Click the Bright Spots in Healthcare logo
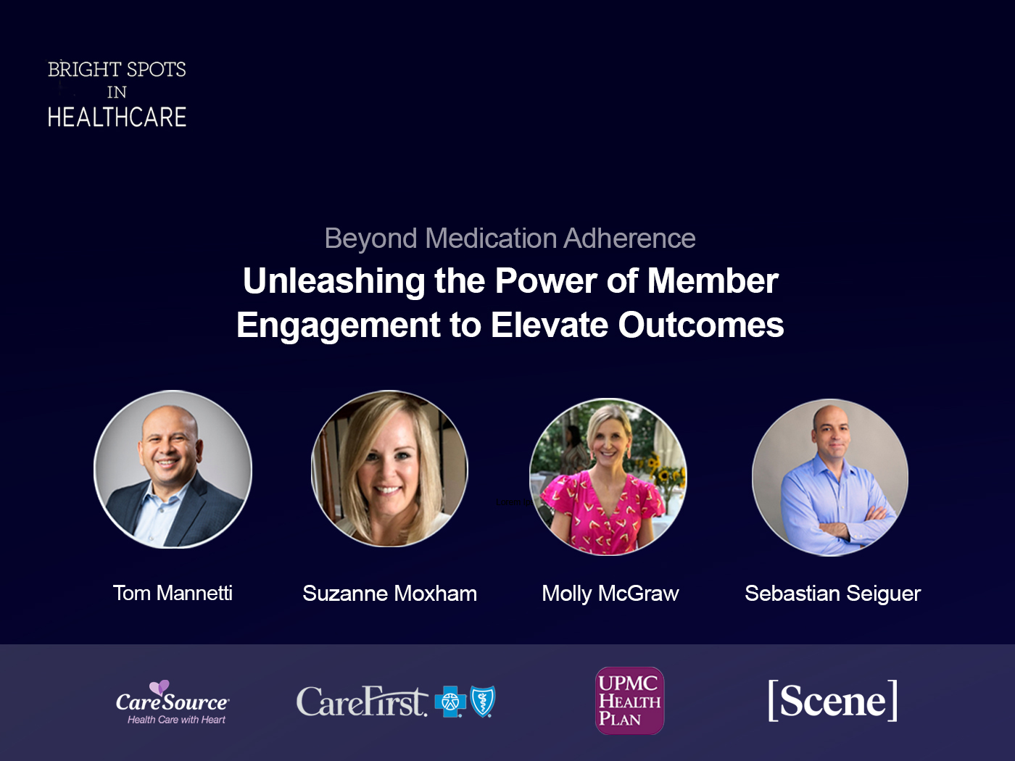click(117, 93)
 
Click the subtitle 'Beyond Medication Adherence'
click(510, 238)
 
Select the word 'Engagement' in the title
click(338, 325)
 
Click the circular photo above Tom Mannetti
click(173, 470)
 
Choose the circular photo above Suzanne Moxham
click(389, 469)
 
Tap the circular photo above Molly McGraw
click(608, 477)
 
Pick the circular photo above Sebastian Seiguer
click(830, 477)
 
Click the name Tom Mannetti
click(173, 593)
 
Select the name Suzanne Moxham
click(389, 594)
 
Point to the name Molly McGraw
click(610, 594)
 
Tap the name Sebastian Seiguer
click(832, 594)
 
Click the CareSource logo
click(173, 702)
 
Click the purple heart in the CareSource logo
click(159, 687)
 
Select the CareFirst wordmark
click(361, 702)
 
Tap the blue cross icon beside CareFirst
click(449, 702)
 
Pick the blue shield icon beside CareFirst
click(482, 702)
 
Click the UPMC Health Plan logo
click(629, 701)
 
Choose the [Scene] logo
click(832, 701)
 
